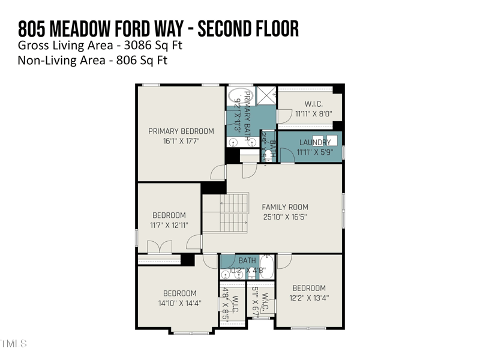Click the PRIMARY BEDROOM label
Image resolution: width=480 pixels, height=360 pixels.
coord(181,131)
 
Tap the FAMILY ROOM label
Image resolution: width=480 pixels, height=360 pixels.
coord(285,207)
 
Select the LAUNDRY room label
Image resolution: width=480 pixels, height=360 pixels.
coord(315,142)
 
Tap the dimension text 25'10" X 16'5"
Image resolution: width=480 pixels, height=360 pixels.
coord(285,217)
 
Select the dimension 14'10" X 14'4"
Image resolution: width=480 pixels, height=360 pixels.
coord(179,303)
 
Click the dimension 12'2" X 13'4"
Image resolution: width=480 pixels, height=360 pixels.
coord(309,298)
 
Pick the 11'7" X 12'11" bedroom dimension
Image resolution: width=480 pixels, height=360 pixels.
coord(169,225)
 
